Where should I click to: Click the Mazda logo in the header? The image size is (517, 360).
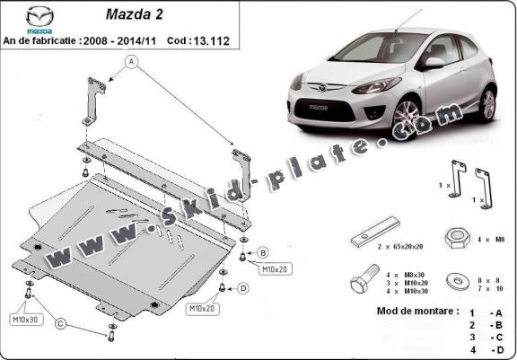(39, 19)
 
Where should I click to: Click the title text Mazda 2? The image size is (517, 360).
(135, 14)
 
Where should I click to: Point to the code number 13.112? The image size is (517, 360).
(211, 41)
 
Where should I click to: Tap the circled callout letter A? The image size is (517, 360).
(132, 61)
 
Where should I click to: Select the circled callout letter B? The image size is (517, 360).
(263, 253)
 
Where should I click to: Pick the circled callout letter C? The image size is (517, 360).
(60, 324)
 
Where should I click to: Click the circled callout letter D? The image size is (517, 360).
(243, 289)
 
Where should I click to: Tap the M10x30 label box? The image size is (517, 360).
(26, 319)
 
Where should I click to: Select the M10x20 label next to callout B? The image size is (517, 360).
(275, 269)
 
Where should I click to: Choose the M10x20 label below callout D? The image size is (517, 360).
(202, 309)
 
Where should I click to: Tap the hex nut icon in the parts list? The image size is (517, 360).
(458, 238)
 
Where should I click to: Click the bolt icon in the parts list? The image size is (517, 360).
(364, 278)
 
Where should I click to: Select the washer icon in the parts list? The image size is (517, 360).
(458, 281)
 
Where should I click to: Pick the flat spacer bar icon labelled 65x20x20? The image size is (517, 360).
(375, 232)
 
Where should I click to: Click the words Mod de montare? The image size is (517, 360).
(417, 311)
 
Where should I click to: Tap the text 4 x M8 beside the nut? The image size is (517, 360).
(491, 240)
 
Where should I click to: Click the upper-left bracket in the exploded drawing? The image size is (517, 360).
(93, 101)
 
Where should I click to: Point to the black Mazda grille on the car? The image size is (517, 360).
(324, 110)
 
